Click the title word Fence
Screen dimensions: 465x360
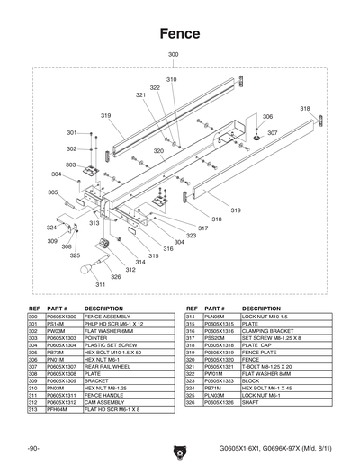[180, 33]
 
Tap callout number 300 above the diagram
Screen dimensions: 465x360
[174, 56]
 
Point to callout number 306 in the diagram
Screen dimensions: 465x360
[267, 117]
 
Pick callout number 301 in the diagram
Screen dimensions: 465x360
[71, 132]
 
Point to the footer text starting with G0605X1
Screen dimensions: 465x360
[283, 446]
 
